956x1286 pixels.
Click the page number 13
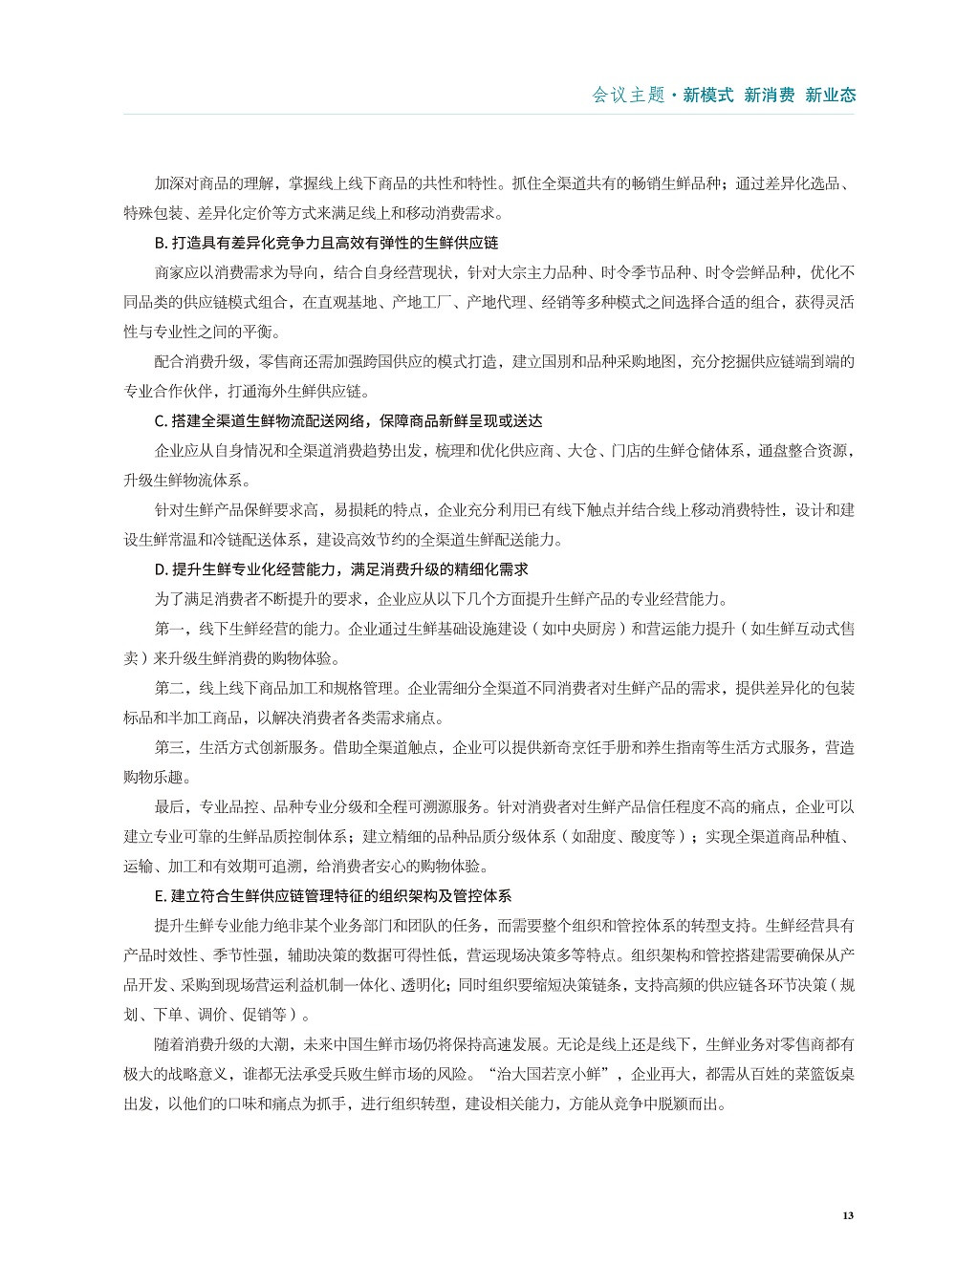(x=847, y=1215)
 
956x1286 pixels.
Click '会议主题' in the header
(x=628, y=95)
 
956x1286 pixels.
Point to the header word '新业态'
(x=830, y=95)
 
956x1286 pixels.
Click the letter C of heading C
(x=159, y=420)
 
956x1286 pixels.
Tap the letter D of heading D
(x=159, y=569)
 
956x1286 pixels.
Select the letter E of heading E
(x=158, y=896)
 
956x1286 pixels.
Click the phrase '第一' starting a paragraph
(x=168, y=629)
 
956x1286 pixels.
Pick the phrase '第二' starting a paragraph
(x=168, y=688)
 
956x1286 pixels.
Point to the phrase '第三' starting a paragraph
(x=168, y=747)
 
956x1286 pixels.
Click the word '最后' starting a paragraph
(x=168, y=807)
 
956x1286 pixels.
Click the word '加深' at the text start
(x=168, y=183)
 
